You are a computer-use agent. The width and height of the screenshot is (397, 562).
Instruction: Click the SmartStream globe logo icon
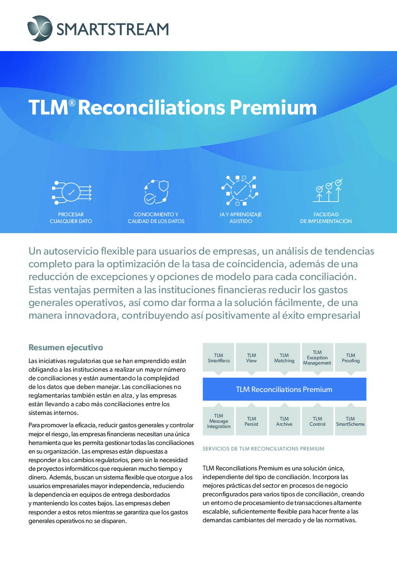(40, 29)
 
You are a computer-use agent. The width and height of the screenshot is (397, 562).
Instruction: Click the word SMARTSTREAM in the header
(113, 29)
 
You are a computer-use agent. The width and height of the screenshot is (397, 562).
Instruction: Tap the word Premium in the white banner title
(274, 107)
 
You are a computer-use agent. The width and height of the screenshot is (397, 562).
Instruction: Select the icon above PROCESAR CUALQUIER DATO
(72, 192)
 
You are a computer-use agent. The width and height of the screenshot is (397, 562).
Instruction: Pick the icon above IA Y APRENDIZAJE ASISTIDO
(240, 190)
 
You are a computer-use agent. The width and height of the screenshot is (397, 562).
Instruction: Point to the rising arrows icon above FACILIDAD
(328, 190)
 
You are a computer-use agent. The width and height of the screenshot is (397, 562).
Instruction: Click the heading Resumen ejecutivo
(66, 347)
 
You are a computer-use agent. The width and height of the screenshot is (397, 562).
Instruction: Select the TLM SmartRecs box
(218, 357)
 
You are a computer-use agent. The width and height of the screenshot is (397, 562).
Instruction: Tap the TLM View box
(251, 357)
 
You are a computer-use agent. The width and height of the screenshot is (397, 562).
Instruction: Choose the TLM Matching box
(284, 357)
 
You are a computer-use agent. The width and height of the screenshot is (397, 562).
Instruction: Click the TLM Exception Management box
(317, 357)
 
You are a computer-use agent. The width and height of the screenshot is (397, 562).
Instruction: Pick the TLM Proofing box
(350, 357)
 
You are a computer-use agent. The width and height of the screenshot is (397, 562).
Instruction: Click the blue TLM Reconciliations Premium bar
(284, 389)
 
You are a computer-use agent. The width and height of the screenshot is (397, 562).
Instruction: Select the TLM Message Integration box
(218, 421)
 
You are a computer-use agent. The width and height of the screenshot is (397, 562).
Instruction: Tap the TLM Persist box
(251, 421)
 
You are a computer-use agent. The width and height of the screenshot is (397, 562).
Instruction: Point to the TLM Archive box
(284, 421)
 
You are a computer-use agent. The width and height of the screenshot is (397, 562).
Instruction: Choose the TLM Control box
(317, 421)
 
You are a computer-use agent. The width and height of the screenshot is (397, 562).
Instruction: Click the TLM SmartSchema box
(350, 421)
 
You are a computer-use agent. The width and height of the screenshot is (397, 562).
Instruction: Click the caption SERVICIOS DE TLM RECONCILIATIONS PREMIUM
(263, 449)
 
